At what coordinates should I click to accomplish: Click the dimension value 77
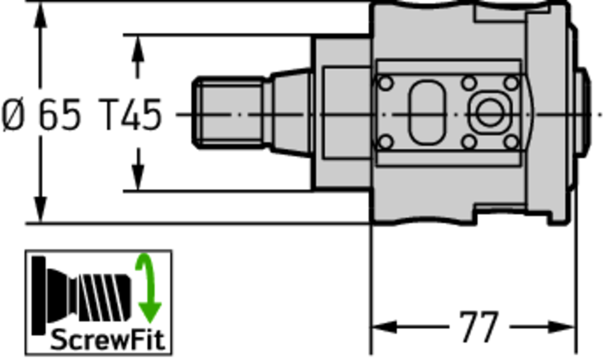479,327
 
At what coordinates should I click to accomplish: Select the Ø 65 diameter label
42,114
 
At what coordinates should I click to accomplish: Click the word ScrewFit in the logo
108,341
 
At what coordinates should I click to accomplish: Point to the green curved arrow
148,287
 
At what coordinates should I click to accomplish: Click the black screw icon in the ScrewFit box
81,295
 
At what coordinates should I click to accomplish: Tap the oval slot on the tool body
427,112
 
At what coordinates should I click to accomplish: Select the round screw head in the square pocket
490,113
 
